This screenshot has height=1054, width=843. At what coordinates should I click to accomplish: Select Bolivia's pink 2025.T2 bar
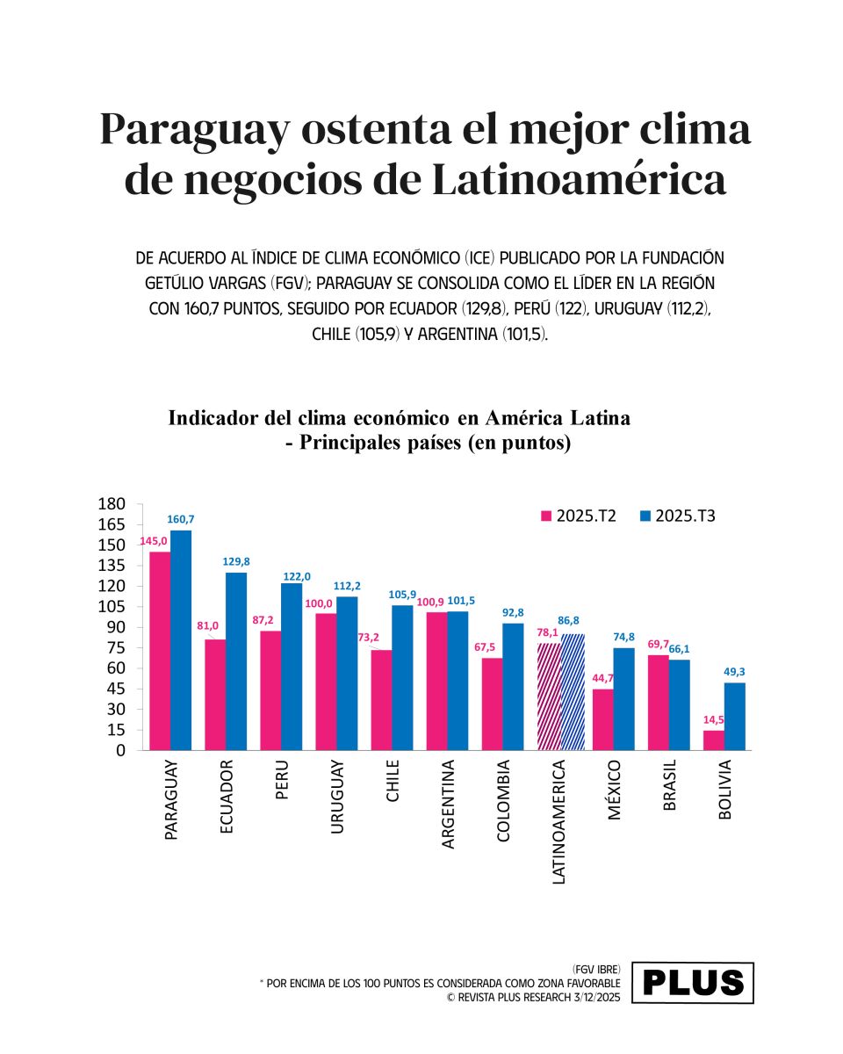pyautogui.click(x=714, y=740)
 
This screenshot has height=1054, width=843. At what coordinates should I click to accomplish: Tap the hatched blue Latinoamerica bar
pyautogui.click(x=573, y=692)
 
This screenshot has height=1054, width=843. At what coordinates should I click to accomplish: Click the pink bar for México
pyautogui.click(x=602, y=719)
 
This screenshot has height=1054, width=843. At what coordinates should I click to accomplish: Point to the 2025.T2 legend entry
pyautogui.click(x=578, y=516)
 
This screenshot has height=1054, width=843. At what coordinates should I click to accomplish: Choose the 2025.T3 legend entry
pyautogui.click(x=677, y=516)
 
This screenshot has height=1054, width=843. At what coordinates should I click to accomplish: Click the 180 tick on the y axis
pyautogui.click(x=112, y=503)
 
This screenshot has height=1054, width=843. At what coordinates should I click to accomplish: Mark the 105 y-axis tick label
pyautogui.click(x=112, y=606)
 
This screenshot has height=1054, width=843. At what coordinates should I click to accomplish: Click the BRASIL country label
pyautogui.click(x=670, y=785)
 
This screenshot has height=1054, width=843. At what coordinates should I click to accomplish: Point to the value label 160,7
pyautogui.click(x=181, y=520)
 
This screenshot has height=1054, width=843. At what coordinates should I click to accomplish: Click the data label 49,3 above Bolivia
pyautogui.click(x=735, y=673)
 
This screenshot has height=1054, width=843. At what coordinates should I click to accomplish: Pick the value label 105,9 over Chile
pyautogui.click(x=402, y=595)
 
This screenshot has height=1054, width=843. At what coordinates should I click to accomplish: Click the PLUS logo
pyautogui.click(x=693, y=983)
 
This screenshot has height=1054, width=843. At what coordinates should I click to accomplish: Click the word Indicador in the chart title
pyautogui.click(x=213, y=417)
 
